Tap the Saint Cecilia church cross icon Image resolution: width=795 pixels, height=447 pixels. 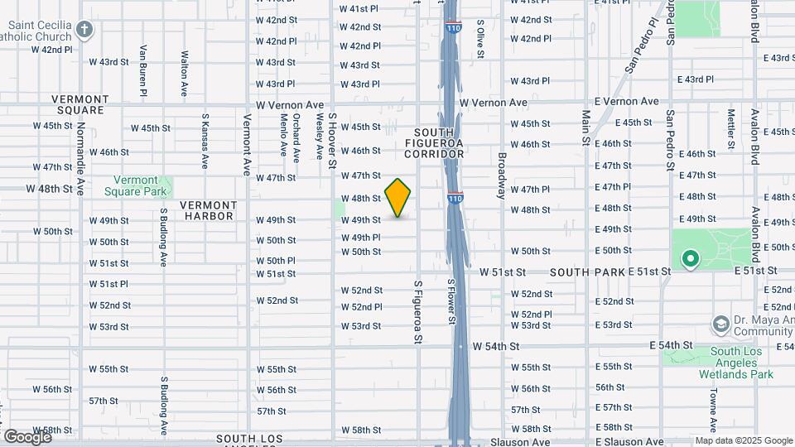click(83, 30)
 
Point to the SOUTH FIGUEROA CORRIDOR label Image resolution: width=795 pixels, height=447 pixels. click(434, 142)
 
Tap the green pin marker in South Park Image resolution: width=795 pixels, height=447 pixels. click(690, 259)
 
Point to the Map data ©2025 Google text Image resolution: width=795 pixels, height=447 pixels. click(743, 440)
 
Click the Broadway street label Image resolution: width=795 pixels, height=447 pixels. click(501, 175)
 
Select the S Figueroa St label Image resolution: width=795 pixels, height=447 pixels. click(418, 310)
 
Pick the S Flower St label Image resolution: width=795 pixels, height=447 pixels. click(452, 308)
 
